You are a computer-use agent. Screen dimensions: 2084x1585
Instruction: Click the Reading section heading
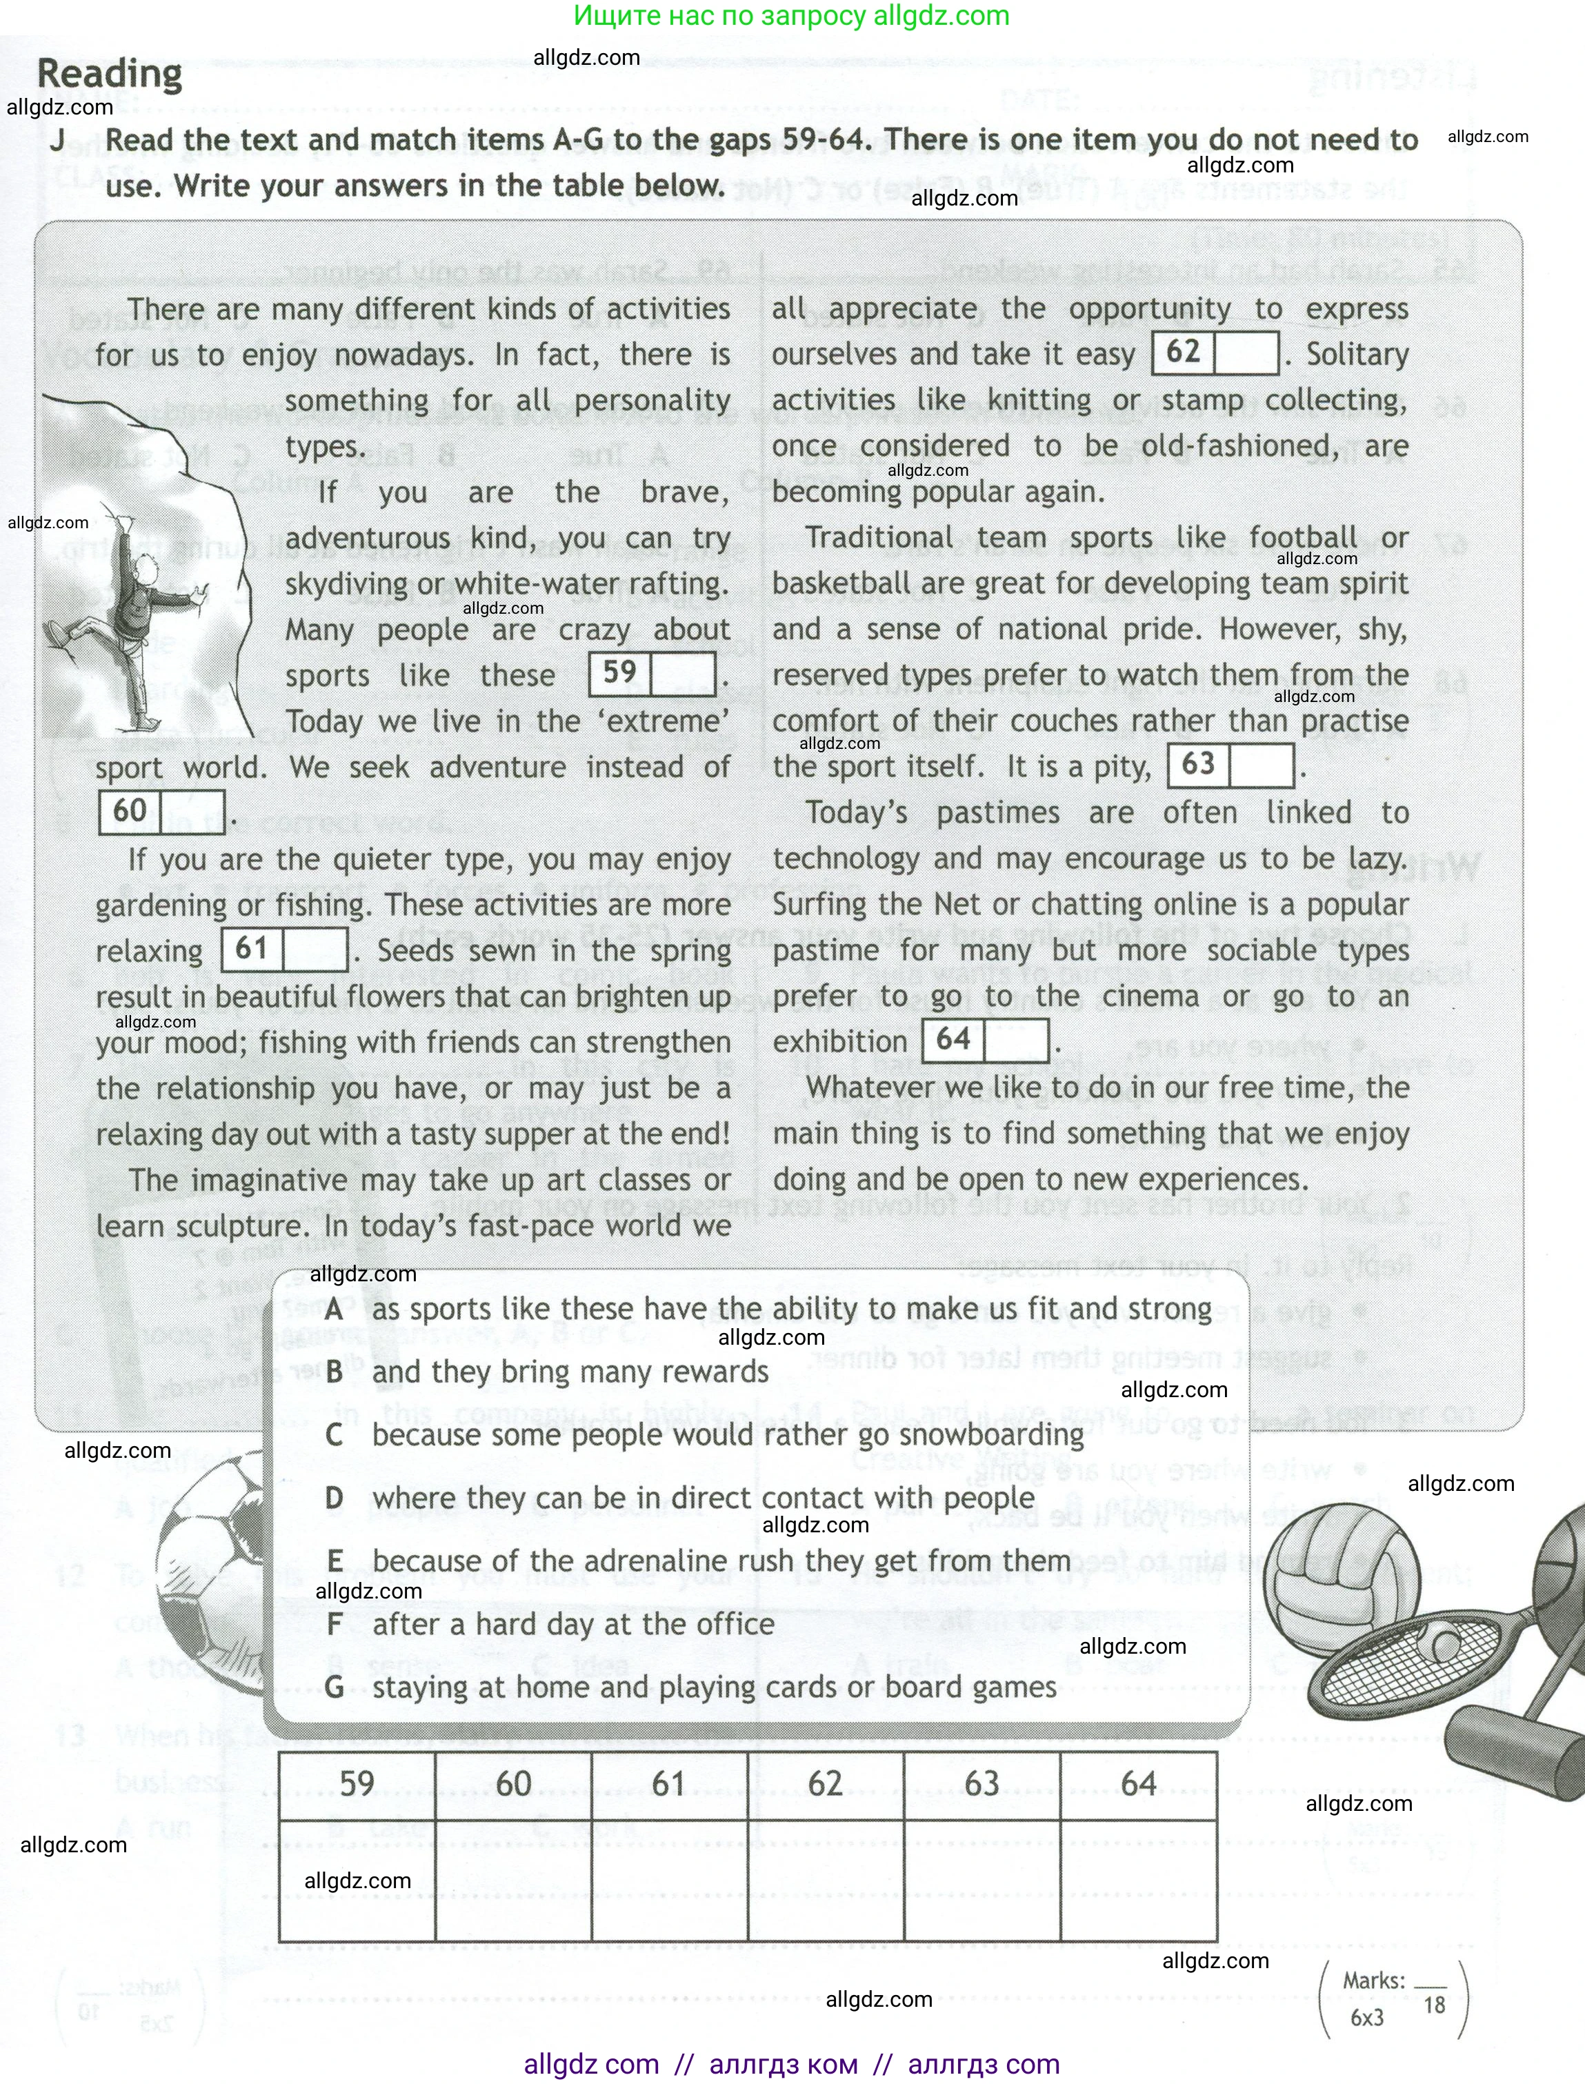pos(110,74)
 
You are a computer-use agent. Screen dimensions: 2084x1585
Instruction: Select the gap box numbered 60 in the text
pos(161,812)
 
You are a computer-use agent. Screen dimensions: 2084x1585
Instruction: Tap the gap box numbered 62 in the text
pos(1215,353)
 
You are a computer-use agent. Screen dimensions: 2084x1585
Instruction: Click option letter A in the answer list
pos(334,1310)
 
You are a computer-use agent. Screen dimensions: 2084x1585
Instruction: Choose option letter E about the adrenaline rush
pos(334,1561)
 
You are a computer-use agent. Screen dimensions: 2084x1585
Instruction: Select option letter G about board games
pos(334,1687)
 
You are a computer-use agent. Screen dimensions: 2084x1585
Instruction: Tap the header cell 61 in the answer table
pos(669,1784)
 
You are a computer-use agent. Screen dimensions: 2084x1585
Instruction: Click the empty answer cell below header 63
pos(981,1879)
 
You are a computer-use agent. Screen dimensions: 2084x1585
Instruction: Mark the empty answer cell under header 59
pos(357,1879)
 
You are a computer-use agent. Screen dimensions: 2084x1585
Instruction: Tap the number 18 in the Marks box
pos(1434,2005)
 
